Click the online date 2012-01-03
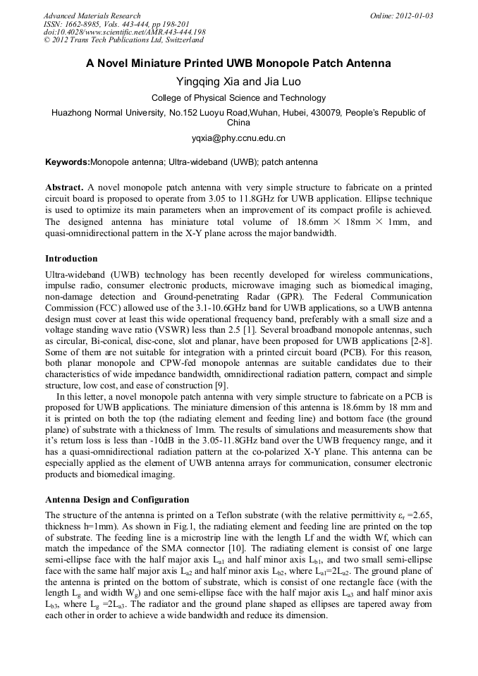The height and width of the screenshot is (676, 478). click(x=412, y=16)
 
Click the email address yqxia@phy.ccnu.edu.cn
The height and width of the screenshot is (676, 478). click(x=238, y=138)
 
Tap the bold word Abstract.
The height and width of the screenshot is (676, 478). click(x=64, y=188)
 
